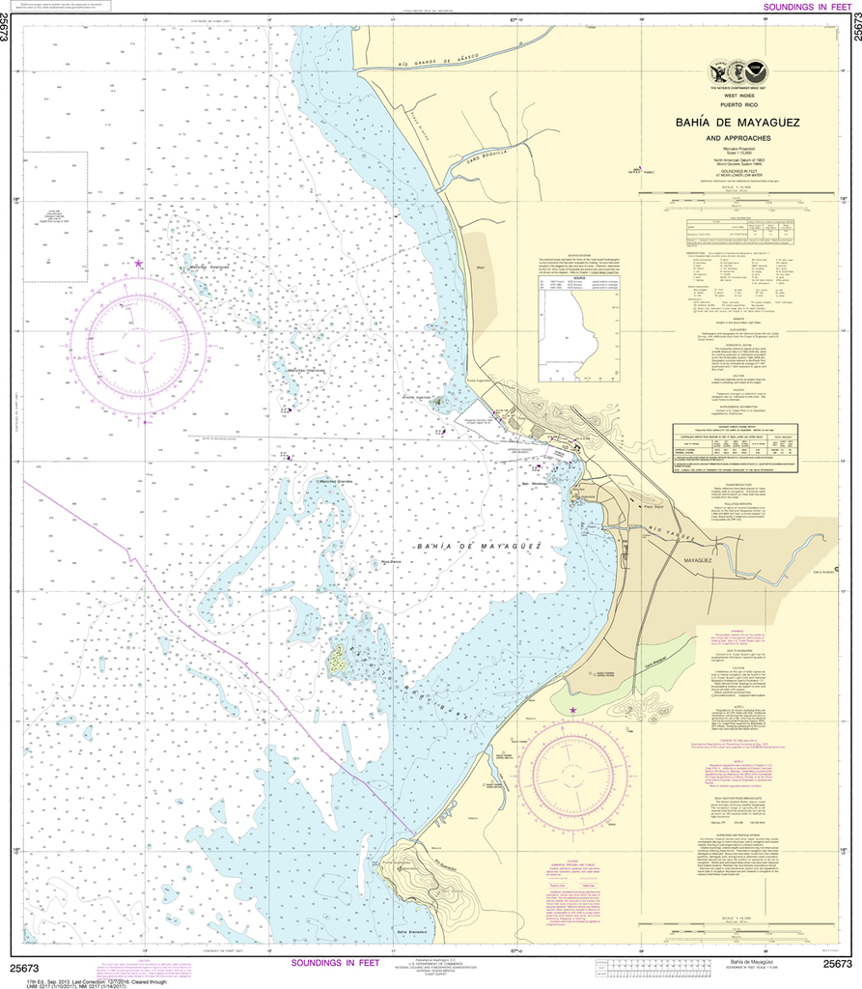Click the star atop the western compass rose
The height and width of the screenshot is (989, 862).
[x=139, y=264]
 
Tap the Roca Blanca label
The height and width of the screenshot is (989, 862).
[x=390, y=561]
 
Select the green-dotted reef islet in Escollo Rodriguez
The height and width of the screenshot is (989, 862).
[x=339, y=662]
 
